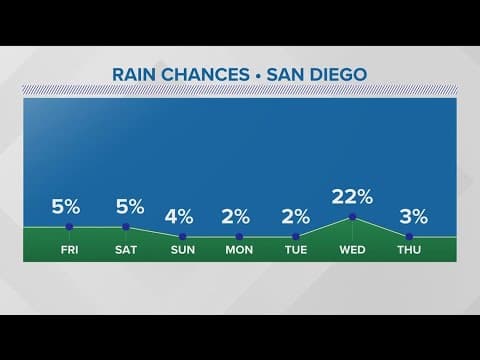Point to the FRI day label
click(69, 249)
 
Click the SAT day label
click(126, 249)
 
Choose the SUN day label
click(182, 249)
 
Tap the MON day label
click(239, 249)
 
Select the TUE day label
click(296, 249)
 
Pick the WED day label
click(352, 249)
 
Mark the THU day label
click(409, 249)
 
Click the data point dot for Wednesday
click(352, 217)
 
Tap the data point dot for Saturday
click(126, 227)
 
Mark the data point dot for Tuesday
click(296, 236)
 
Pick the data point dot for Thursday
click(409, 235)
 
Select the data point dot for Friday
click(69, 227)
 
